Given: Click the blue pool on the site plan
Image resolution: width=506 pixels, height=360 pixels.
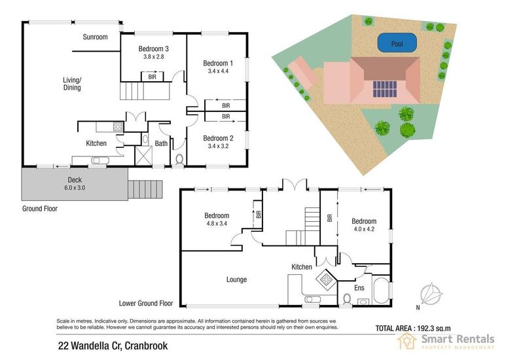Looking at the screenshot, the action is tap(397, 43).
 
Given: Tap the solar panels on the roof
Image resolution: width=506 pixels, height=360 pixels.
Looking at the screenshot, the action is tap(385, 89).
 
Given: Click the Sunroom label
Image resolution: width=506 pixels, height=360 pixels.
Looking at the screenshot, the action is tap(95, 37).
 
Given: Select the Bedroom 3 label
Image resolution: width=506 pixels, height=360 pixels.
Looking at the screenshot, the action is tap(154, 48).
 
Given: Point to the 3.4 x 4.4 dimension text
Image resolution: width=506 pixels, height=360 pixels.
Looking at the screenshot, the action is tap(218, 71).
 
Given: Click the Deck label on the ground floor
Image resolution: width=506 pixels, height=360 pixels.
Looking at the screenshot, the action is tap(75, 180).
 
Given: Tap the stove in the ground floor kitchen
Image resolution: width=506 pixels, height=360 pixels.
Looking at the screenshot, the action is tap(118, 127).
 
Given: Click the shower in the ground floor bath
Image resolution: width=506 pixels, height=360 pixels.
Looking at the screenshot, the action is tap(143, 156).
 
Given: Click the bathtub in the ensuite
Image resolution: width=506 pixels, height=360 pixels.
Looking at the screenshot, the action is tap(381, 289).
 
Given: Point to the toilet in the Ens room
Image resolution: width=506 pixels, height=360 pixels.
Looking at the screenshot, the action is tap(347, 298).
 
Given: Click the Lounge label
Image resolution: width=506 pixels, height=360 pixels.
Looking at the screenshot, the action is tap(236, 279).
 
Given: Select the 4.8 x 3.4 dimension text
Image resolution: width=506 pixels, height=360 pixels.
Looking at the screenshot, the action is tap(217, 223).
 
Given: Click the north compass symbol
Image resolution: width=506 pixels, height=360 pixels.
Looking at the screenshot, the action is tap(431, 294).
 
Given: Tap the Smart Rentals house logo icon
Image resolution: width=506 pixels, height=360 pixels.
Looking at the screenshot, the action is tap(407, 340).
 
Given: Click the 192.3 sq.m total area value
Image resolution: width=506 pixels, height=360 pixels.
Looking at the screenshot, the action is tap(434, 329).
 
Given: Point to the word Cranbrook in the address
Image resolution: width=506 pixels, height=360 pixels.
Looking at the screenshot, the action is tap(146, 346).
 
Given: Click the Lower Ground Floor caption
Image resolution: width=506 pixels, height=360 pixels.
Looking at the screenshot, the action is tap(146, 303).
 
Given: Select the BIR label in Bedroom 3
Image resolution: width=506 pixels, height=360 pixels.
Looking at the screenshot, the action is tap(152, 77).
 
